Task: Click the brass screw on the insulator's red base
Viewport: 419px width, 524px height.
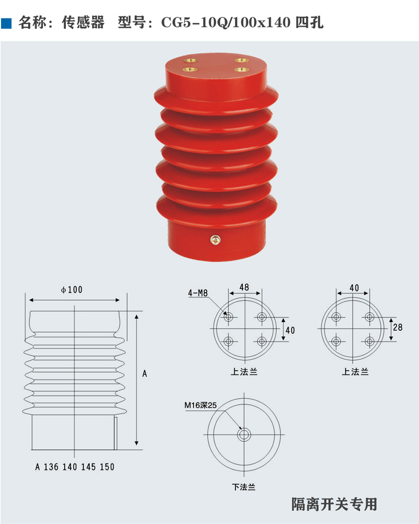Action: tap(215, 241)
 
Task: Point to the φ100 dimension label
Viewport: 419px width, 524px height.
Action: tap(72, 290)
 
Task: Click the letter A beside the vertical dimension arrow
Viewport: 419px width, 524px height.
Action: tap(145, 373)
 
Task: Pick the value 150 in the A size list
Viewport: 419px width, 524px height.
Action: tap(107, 467)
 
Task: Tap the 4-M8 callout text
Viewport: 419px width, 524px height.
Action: tap(197, 293)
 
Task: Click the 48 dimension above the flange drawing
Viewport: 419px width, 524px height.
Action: tap(244, 287)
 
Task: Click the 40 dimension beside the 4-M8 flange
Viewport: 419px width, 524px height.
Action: tap(290, 330)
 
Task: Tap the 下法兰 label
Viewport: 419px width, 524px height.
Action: tap(244, 487)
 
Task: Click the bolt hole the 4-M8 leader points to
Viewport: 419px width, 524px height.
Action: tap(229, 317)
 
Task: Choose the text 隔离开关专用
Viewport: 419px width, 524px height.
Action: tap(334, 504)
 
